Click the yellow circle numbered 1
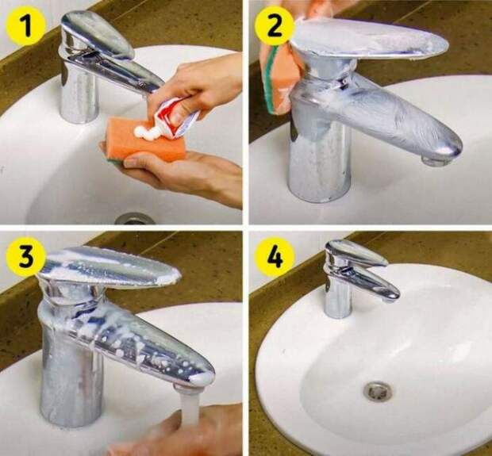[26, 25]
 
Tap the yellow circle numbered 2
[275, 26]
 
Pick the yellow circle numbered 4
[275, 256]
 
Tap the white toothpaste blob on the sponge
[145, 131]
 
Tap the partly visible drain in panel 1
[134, 218]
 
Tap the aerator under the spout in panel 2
[436, 161]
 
